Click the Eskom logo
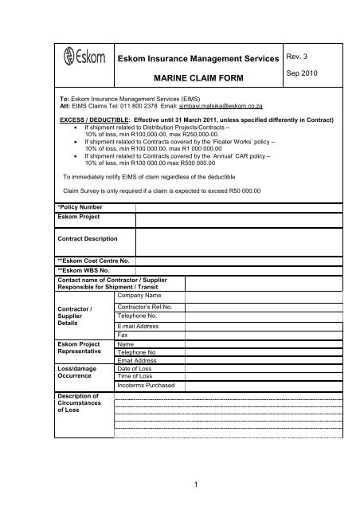[x=80, y=57]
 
